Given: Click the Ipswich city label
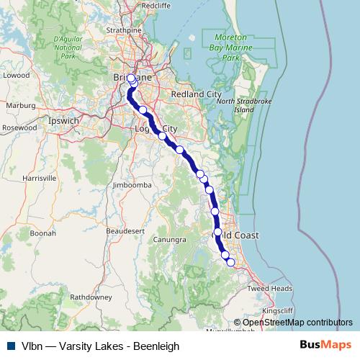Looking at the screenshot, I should click(x=63, y=121).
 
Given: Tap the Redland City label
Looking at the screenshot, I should click(x=196, y=94).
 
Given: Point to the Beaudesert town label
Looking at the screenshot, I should click(x=125, y=230).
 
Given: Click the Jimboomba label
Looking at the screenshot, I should click(x=130, y=185).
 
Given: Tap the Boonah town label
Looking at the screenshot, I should click(x=43, y=233).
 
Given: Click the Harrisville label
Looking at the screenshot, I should click(x=40, y=177).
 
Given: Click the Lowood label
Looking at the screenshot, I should click(x=16, y=74).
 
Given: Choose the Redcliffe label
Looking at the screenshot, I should click(x=156, y=5).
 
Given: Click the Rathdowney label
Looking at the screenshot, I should click(x=91, y=296).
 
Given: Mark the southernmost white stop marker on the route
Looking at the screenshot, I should click(x=230, y=262).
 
